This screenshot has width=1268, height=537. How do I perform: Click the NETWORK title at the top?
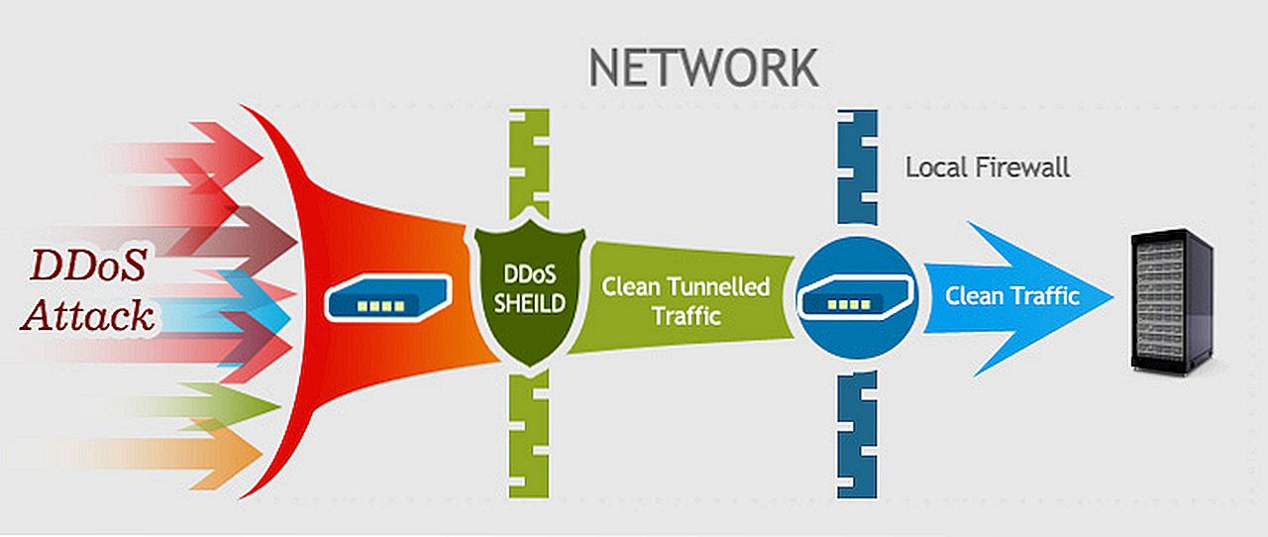tap(703, 67)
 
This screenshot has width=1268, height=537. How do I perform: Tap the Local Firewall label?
tap(988, 167)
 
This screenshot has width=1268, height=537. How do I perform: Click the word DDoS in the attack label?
tap(88, 266)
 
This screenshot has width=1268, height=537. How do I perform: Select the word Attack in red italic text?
tap(89, 315)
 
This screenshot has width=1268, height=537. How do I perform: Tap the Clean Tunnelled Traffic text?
tap(686, 301)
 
